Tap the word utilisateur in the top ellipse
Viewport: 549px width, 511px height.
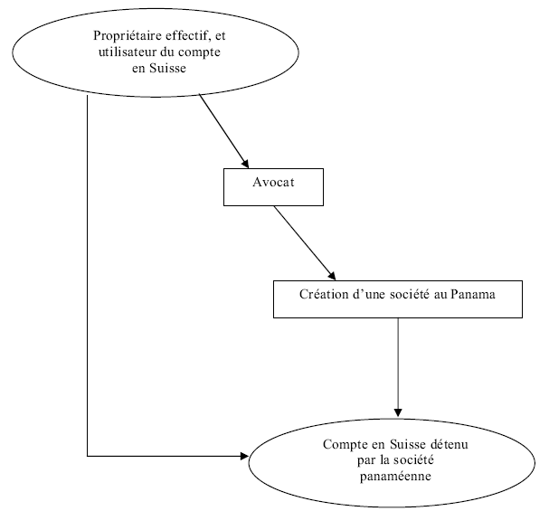click(x=130, y=52)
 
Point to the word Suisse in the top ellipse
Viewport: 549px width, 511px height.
click(x=168, y=67)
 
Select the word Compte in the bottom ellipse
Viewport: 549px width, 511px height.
click(x=344, y=445)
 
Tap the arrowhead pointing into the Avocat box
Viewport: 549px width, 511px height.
click(x=244, y=163)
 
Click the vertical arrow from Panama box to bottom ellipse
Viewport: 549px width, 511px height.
click(x=398, y=362)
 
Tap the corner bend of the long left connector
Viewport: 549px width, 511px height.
click(x=88, y=455)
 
